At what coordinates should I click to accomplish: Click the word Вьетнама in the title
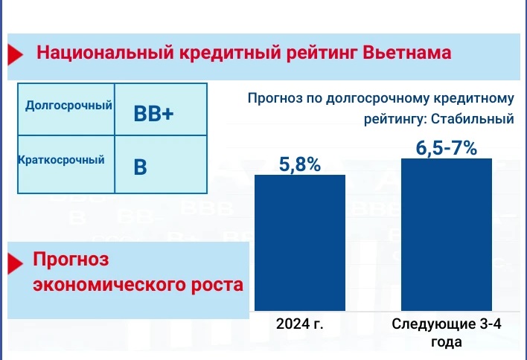408,54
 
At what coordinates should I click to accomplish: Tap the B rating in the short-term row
140,167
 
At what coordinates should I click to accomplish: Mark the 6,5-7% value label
447,147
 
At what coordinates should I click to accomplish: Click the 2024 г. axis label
301,325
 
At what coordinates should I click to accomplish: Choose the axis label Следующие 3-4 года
446,332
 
